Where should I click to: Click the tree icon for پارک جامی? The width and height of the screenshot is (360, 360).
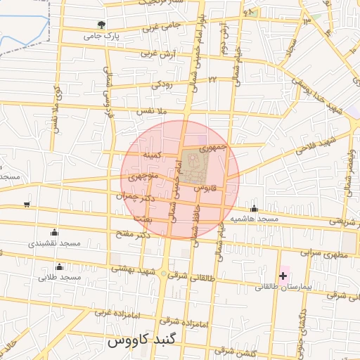pyautogui.click(x=103, y=25)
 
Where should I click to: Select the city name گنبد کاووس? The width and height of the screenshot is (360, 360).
pyautogui.click(x=136, y=342)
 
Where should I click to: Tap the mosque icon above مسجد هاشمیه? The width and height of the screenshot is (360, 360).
pyautogui.click(x=254, y=208)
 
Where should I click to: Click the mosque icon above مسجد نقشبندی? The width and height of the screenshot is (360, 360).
pyautogui.click(x=55, y=233)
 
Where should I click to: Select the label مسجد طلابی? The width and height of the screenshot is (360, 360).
pyautogui.click(x=60, y=278)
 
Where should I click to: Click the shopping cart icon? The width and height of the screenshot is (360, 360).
pyautogui.click(x=27, y=205)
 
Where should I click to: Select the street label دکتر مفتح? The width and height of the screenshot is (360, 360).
pyautogui.click(x=134, y=233)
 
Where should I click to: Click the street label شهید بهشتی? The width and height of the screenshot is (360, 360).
pyautogui.click(x=132, y=269)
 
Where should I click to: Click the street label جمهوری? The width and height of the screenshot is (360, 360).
pyautogui.click(x=212, y=148)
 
